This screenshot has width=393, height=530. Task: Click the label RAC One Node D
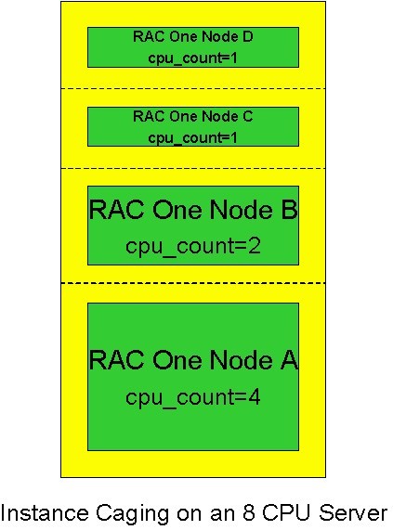point(192,37)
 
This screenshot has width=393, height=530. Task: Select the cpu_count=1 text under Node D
point(192,57)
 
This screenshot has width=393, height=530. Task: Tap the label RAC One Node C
point(192,117)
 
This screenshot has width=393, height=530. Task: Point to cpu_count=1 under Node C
point(192,137)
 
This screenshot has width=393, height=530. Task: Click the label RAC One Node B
point(192,211)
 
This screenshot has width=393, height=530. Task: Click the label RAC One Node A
point(192,360)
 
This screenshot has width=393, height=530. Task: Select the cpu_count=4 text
point(192,397)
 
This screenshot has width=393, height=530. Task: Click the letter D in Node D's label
point(247,37)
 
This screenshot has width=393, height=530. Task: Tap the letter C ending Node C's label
point(247,117)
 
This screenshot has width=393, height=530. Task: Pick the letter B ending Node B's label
point(287,211)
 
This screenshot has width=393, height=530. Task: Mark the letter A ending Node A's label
point(288,360)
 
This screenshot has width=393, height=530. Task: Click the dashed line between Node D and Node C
point(192,88)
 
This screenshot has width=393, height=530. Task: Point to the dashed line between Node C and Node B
point(192,168)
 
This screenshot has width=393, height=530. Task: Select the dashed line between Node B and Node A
point(192,282)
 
